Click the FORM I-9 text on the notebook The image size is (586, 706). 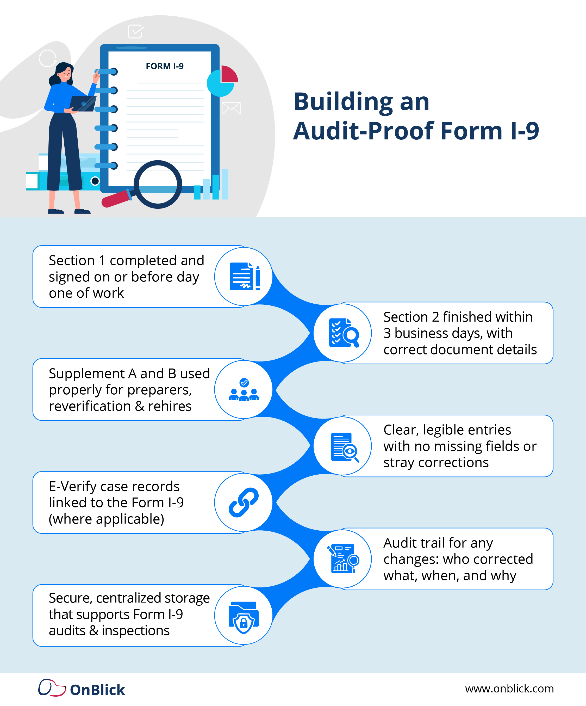tap(165, 66)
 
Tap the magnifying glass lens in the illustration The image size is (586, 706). tap(158, 184)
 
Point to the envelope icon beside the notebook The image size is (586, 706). tap(231, 108)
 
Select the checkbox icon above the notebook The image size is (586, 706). tap(135, 32)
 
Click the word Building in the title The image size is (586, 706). tap(343, 102)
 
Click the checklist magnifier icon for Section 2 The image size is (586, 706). tap(344, 333)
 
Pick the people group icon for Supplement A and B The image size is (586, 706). tap(244, 390)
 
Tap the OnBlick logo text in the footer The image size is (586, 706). tap(97, 690)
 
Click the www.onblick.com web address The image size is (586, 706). tap(509, 689)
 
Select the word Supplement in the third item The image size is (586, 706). tap(87, 373)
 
